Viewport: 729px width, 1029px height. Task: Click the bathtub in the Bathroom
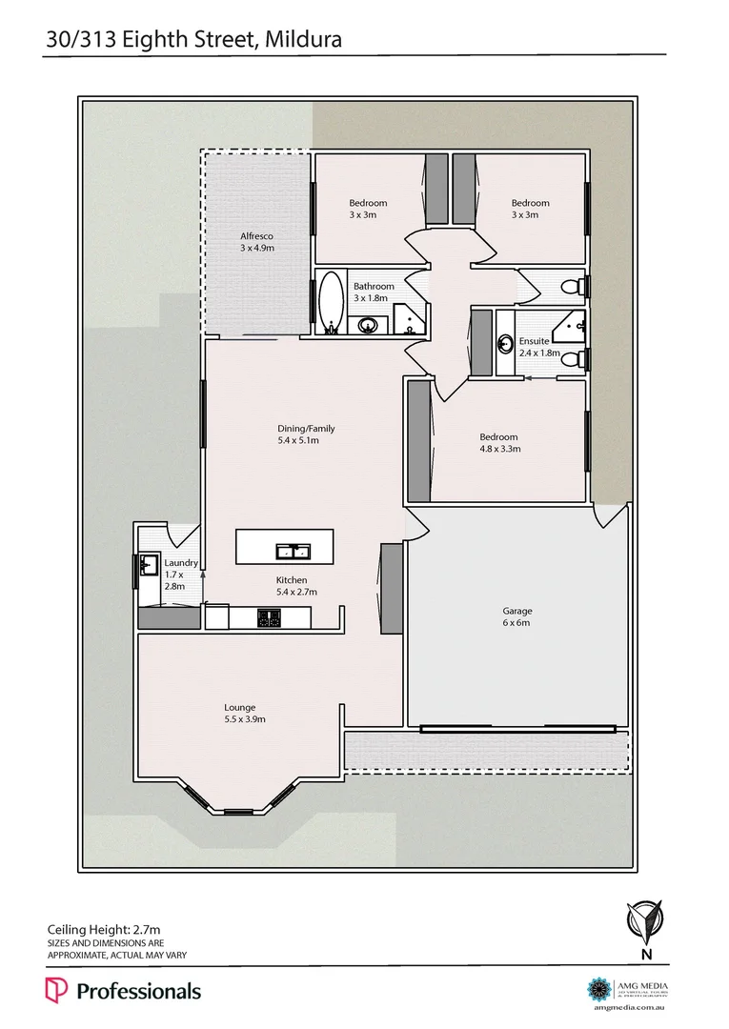(x=331, y=303)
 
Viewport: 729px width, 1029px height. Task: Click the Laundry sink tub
(x=147, y=566)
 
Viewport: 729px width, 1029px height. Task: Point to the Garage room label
(x=517, y=611)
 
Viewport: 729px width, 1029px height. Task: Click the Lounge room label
(x=239, y=707)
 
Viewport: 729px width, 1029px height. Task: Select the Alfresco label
(x=256, y=235)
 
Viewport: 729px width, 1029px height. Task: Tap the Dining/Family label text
(x=306, y=429)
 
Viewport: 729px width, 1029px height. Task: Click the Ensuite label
(x=534, y=341)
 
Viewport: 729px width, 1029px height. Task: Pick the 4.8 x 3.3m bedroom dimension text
(x=499, y=450)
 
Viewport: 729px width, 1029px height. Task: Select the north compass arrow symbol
(x=646, y=920)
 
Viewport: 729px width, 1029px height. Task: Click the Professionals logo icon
(x=56, y=991)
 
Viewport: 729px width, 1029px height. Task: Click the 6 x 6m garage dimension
(x=517, y=623)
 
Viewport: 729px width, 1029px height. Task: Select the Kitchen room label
(x=292, y=580)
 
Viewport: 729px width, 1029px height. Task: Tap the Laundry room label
(x=181, y=563)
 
